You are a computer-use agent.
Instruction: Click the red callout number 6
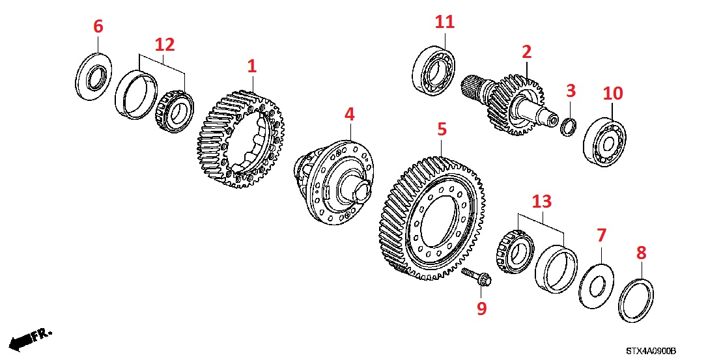(98, 27)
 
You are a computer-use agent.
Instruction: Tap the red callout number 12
(164, 45)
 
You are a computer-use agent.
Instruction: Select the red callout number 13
(541, 202)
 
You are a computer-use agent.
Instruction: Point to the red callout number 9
(481, 308)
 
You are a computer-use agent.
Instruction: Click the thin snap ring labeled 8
(636, 299)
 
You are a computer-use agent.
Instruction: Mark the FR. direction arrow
(29, 338)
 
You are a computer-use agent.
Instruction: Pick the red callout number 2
(526, 51)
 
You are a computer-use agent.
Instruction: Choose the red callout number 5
(442, 130)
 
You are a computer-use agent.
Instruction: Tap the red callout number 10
(612, 93)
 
